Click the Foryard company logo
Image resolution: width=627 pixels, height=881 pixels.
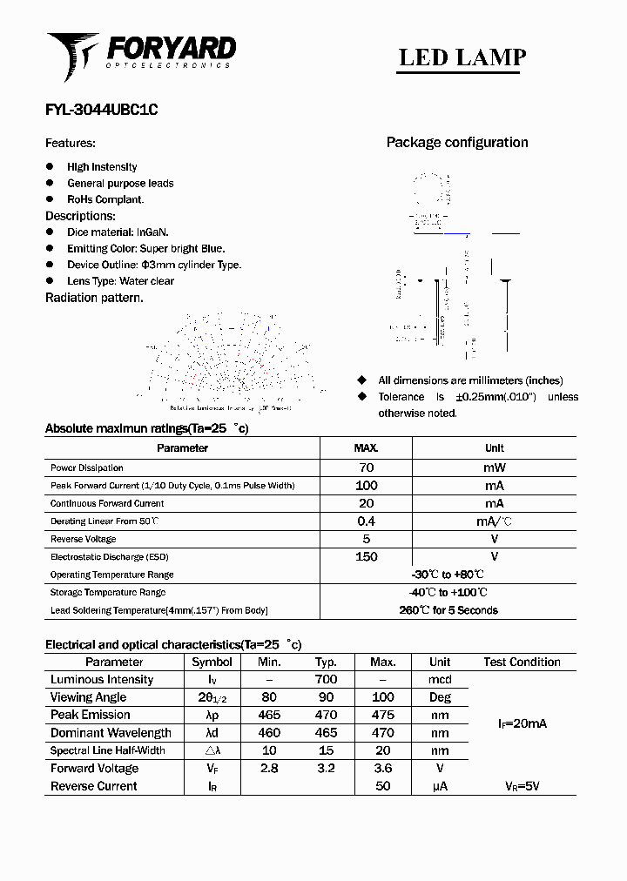click(141, 54)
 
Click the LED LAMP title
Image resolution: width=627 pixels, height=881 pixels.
click(462, 57)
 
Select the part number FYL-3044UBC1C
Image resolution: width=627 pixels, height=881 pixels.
click(101, 111)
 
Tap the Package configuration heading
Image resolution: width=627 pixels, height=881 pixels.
click(457, 143)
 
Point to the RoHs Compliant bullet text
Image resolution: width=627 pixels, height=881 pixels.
click(105, 199)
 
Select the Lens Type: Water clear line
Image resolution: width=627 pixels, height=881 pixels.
click(120, 281)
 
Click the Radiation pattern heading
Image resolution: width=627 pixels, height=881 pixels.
click(94, 298)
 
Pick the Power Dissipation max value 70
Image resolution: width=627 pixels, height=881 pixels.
click(366, 467)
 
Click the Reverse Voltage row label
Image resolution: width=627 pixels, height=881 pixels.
click(84, 539)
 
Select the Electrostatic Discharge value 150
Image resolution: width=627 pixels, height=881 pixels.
click(366, 557)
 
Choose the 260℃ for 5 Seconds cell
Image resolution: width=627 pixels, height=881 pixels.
click(448, 610)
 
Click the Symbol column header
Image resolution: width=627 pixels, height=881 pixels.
click(212, 662)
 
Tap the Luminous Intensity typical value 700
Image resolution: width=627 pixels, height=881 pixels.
click(326, 680)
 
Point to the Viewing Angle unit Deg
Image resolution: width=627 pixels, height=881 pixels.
click(440, 697)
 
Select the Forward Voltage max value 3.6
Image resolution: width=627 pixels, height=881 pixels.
click(382, 769)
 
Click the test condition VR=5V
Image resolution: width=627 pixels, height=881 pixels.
click(522, 786)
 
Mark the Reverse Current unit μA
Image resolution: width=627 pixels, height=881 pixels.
click(440, 786)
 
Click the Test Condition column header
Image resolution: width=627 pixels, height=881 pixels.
click(522, 662)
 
